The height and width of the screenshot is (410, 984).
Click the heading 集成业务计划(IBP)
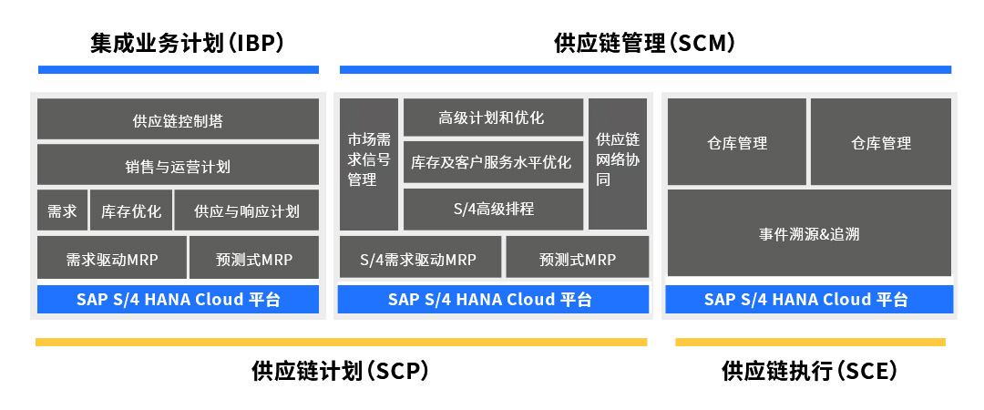187,44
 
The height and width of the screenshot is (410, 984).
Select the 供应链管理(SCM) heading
644,44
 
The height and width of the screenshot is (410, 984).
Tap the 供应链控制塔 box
179,118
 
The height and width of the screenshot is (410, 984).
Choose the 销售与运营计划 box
179,165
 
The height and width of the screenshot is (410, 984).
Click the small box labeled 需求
63,210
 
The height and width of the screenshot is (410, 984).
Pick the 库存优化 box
131,210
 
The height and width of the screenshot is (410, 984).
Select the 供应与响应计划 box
247,210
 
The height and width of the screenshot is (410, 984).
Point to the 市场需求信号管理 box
369,164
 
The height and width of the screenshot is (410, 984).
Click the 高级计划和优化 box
493,117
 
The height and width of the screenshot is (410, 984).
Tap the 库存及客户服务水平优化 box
493,162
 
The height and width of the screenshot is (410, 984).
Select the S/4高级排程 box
493,209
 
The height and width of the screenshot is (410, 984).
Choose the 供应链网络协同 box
618,164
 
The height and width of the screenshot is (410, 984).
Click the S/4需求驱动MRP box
420,257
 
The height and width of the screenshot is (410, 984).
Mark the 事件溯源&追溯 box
809,233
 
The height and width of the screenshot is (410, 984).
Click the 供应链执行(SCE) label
810,371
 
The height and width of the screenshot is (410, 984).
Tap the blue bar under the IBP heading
179,69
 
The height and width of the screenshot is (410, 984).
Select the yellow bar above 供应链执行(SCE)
810,343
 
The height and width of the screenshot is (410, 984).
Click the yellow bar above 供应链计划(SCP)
341,343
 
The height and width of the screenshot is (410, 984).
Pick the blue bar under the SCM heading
645,69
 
